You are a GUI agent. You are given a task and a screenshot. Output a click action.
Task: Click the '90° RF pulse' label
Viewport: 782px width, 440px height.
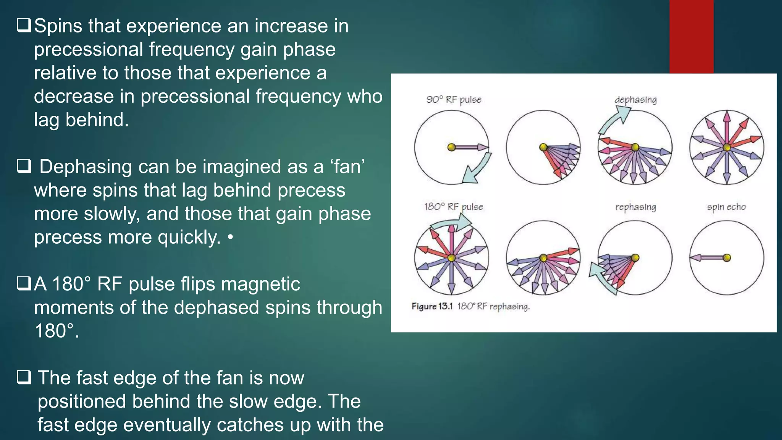pos(454,100)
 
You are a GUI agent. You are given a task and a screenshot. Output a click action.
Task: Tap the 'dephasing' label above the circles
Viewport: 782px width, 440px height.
pos(635,100)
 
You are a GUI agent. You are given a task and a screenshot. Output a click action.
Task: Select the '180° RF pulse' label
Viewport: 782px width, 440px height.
pos(454,207)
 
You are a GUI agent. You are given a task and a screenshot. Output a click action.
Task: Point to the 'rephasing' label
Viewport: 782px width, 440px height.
pos(635,207)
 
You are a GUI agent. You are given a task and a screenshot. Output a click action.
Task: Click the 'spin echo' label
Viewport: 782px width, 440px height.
pos(726,207)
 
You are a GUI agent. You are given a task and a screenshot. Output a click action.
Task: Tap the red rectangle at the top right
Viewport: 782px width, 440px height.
pos(691,36)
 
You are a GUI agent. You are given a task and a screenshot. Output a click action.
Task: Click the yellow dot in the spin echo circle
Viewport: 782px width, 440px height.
pos(727,258)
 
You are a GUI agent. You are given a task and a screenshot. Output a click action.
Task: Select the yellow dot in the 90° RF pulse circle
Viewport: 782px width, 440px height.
pos(451,147)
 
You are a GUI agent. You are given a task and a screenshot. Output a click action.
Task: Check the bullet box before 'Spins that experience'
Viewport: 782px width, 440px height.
pos(24,26)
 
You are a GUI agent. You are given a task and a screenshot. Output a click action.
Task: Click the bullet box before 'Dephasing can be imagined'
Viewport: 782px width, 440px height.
pos(24,167)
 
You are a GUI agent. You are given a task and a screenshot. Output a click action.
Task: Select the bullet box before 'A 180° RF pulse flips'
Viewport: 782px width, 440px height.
pos(24,284)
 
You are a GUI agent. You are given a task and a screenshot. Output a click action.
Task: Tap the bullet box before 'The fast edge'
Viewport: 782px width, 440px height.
pos(24,378)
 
